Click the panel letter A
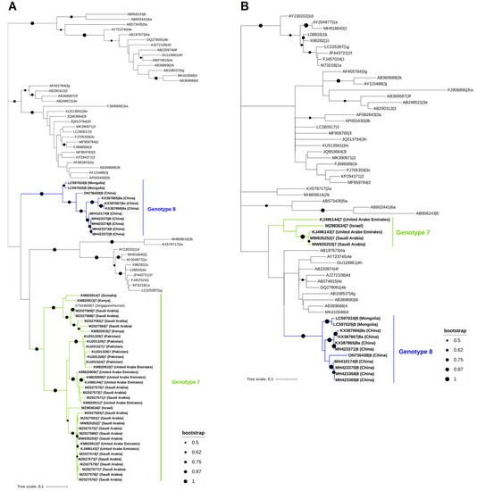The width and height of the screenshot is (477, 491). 9,7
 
